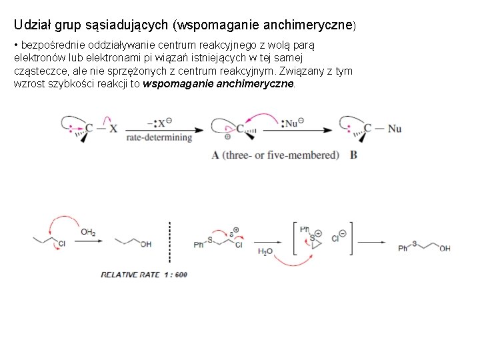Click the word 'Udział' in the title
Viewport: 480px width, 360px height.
tap(30, 25)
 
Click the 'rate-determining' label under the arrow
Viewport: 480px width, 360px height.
tap(159, 138)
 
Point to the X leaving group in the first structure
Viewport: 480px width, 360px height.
tap(113, 129)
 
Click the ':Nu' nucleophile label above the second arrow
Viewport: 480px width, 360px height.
tap(292, 122)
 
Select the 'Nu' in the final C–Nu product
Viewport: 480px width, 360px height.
tap(395, 129)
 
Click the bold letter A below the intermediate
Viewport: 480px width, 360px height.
tap(215, 155)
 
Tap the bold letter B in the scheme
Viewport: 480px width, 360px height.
tap(353, 155)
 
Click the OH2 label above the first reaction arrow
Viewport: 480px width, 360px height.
tap(87, 232)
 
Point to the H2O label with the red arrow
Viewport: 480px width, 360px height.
tap(265, 252)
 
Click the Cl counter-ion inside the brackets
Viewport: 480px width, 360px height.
tap(335, 237)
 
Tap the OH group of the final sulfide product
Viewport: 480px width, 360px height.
tap(445, 249)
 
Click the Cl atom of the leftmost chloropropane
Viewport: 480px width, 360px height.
tap(61, 244)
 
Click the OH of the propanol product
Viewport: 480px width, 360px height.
tap(145, 244)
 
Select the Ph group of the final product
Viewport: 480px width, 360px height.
tap(403, 249)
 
